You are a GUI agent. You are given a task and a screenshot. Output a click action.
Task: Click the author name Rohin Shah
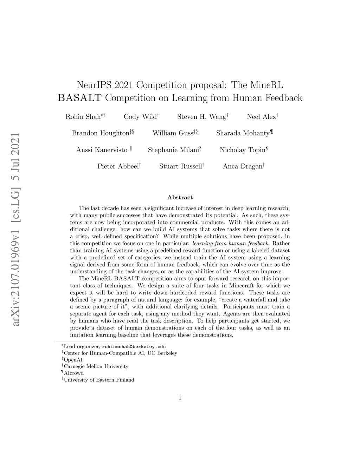83,117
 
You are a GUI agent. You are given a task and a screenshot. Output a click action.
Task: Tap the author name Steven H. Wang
202,117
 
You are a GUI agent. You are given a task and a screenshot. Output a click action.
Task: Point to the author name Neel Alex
262,117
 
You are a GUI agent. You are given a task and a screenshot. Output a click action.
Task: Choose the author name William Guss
173,133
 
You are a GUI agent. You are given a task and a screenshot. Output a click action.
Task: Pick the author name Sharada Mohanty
243,133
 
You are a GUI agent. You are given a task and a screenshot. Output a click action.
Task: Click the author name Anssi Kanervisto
102,150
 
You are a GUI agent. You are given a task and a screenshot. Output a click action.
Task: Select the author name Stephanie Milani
173,150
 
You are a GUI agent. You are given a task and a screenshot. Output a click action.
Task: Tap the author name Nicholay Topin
243,150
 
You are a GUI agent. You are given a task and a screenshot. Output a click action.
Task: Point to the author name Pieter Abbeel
118,167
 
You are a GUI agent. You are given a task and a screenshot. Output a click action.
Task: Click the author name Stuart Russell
180,167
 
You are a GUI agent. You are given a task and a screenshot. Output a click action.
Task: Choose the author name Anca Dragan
243,167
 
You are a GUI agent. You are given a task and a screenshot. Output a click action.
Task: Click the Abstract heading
180,198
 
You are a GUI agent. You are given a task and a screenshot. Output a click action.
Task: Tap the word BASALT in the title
80,98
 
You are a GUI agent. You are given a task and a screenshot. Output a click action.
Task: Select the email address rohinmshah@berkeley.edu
134,346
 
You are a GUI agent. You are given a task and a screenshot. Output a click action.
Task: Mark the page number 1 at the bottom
180,398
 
